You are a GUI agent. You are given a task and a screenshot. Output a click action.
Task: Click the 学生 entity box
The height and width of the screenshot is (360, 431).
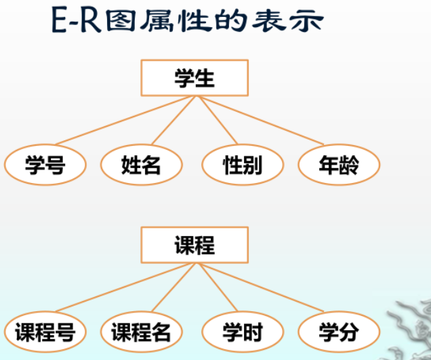[194, 78]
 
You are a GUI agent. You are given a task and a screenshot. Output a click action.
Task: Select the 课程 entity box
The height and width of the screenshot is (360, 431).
[194, 245]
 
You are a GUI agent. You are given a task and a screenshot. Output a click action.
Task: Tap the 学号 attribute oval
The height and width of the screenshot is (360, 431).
[45, 164]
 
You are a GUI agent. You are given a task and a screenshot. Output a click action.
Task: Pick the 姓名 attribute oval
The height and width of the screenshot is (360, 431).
[142, 164]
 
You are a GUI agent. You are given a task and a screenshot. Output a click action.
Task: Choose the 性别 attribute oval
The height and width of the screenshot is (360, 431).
[243, 164]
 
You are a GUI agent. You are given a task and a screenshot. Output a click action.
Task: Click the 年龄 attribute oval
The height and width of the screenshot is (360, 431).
[339, 164]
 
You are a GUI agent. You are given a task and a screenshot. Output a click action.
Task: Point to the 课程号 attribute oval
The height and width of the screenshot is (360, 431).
[45, 332]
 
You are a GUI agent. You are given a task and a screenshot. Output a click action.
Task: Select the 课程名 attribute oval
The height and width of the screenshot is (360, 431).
[142, 332]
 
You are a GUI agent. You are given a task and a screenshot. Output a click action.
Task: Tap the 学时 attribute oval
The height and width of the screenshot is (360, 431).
[243, 332]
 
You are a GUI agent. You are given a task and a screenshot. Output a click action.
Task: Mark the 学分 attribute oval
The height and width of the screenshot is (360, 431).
[339, 332]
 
